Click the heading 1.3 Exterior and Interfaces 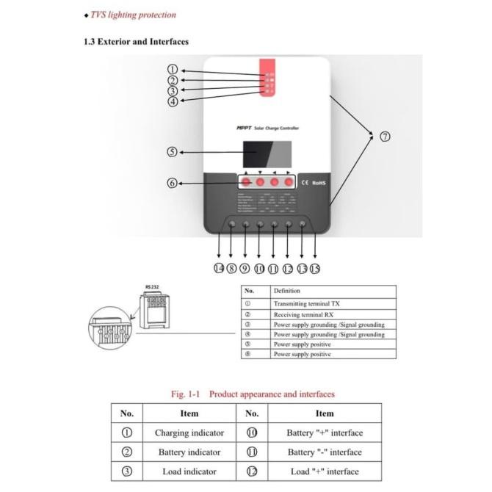coord(136,42)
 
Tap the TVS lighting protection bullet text coord(132,14)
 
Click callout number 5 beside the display coord(172,152)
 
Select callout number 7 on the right coord(385,137)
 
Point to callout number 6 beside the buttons coord(172,183)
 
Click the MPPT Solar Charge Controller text coord(267,128)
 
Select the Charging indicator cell coord(189,433)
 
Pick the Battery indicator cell coord(189,452)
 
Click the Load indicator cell coord(189,471)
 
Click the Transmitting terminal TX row coord(306,303)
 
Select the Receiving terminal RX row coord(304,314)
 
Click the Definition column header coord(286,291)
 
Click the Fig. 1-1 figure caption coord(253,394)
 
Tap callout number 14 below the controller coord(219,268)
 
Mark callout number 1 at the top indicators coord(172,70)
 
